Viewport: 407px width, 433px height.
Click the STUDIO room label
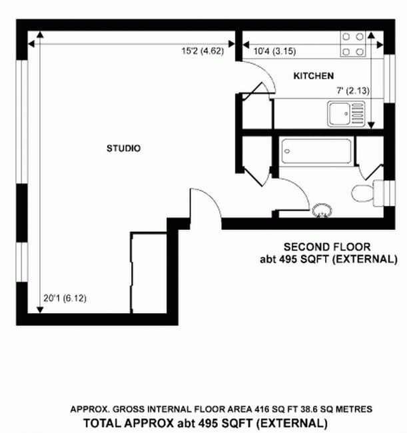[123, 149]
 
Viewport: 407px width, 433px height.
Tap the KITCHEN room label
[313, 76]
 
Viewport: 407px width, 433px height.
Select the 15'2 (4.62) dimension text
[203, 51]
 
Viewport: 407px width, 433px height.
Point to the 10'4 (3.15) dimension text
[274, 51]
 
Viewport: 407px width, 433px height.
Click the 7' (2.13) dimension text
[353, 91]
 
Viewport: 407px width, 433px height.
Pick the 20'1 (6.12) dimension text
[65, 298]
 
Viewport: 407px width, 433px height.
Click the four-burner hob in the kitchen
[353, 44]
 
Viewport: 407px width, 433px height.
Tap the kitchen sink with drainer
[346, 114]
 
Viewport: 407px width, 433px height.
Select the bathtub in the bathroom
[316, 151]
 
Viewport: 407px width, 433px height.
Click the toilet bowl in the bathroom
[362, 193]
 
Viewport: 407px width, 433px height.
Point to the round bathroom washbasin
[322, 211]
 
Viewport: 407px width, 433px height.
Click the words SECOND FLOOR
[327, 246]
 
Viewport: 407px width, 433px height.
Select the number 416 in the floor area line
[262, 409]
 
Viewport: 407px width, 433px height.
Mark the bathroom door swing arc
[300, 191]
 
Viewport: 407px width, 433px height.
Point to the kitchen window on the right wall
[389, 79]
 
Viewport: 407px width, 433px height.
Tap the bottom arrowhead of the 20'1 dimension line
[40, 310]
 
